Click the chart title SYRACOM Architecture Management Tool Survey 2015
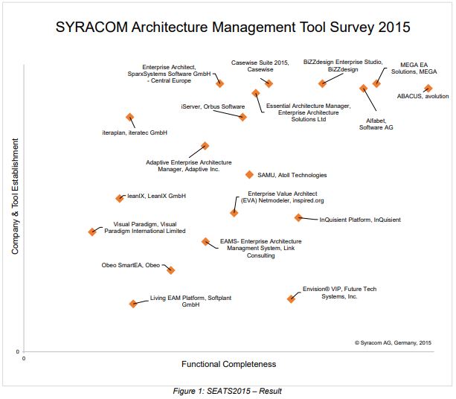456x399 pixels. (x=233, y=28)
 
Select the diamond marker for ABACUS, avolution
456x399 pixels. (x=428, y=89)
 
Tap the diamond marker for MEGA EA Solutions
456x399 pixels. (x=376, y=83)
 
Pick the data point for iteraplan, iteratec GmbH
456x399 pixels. (x=130, y=117)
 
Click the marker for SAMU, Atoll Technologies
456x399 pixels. (x=250, y=174)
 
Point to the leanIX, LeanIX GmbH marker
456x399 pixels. (x=120, y=198)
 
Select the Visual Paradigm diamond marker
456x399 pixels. (x=92, y=232)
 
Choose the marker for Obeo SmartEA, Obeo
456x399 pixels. (x=171, y=270)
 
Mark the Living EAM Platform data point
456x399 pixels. (x=133, y=304)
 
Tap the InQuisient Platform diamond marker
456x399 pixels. (x=298, y=217)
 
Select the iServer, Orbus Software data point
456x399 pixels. (x=243, y=117)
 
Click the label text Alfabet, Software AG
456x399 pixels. (x=376, y=124)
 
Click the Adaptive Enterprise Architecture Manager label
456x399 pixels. (x=189, y=165)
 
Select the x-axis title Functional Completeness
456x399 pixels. (x=228, y=364)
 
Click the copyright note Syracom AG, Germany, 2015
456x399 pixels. (x=393, y=342)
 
